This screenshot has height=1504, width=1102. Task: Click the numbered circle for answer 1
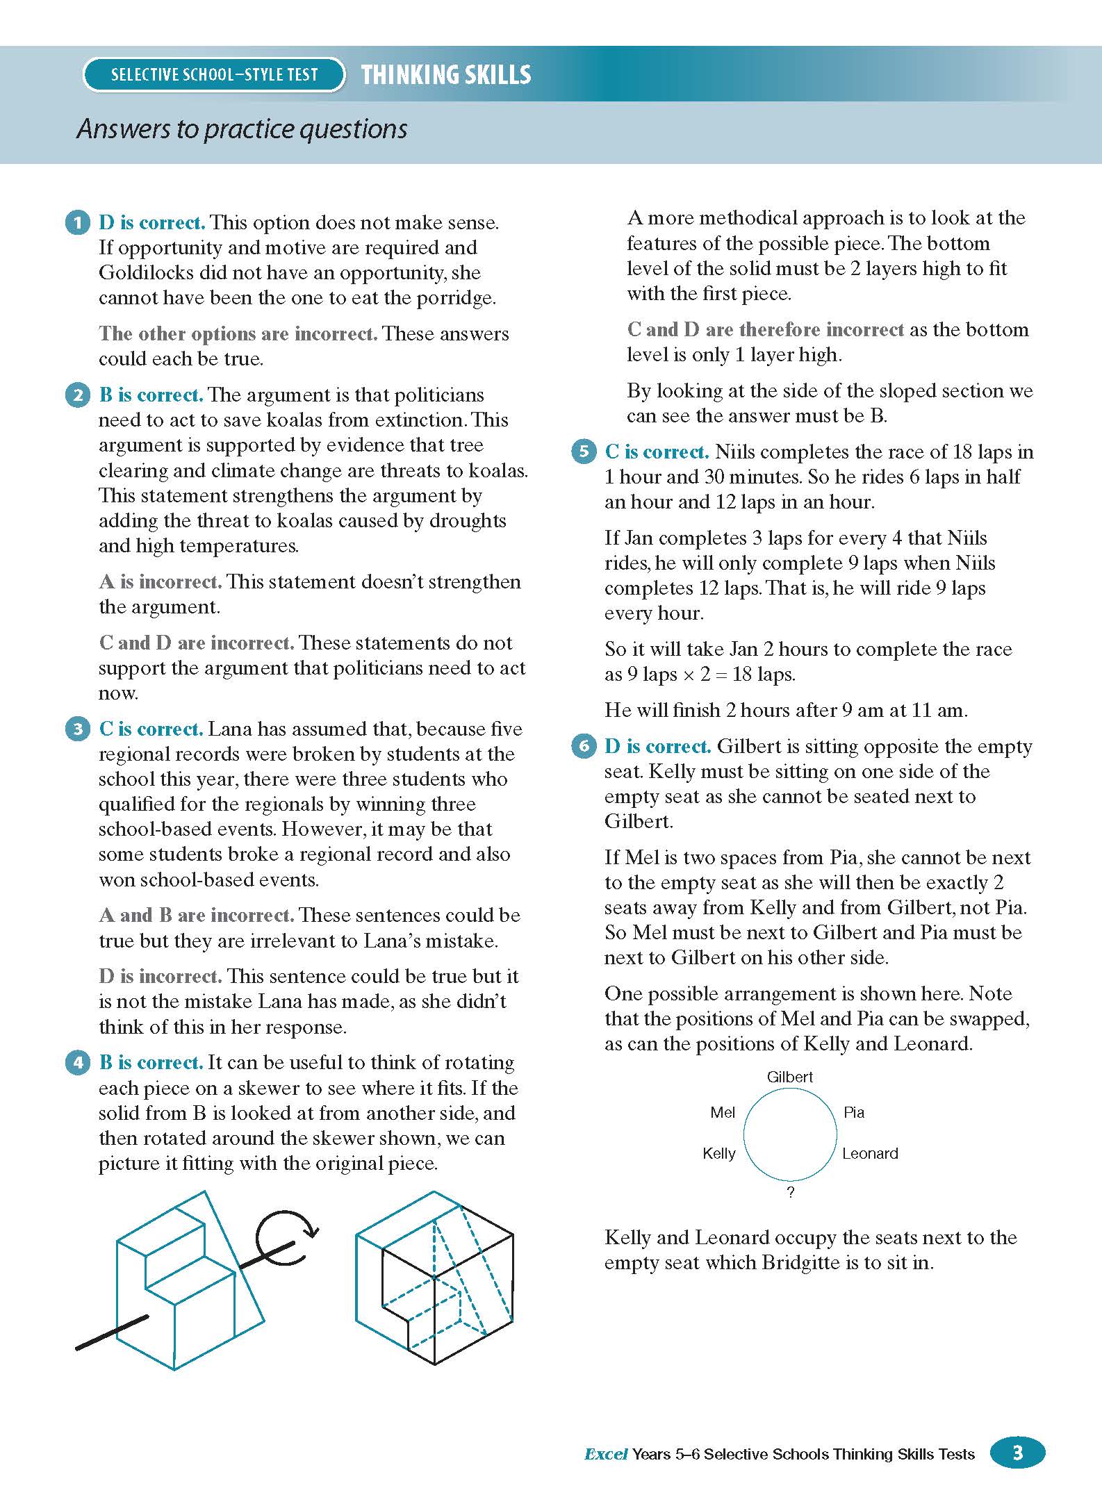[77, 223]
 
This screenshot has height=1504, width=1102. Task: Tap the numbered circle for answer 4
[77, 1063]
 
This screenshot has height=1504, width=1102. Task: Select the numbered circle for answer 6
[583, 747]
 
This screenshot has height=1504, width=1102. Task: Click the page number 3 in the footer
[1017, 1453]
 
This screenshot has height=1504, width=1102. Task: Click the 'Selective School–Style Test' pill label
[214, 75]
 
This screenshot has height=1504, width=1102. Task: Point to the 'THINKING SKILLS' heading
[446, 75]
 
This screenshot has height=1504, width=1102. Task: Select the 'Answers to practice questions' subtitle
[242, 129]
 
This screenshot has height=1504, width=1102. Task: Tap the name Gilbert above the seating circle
[789, 1077]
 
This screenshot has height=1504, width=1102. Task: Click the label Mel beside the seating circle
[722, 1113]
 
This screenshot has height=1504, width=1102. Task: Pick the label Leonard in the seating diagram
[870, 1154]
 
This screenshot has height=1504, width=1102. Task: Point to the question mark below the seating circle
[790, 1193]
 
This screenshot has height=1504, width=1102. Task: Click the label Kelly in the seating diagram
[718, 1154]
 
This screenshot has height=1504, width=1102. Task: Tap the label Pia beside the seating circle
[853, 1113]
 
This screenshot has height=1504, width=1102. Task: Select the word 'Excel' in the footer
[606, 1454]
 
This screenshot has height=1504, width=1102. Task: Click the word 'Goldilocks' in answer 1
[150, 273]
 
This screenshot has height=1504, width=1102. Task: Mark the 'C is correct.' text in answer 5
[657, 452]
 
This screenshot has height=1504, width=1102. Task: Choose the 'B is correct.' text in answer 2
[151, 395]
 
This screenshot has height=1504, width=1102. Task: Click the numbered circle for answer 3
[77, 729]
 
